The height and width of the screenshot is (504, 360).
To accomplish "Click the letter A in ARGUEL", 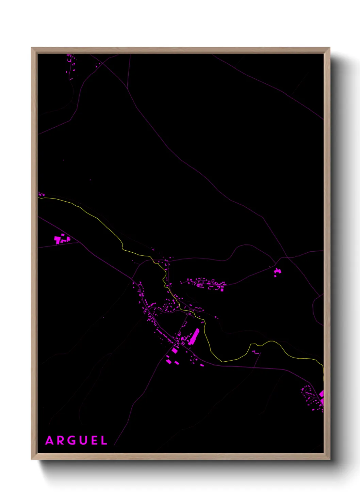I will click(x=50, y=441).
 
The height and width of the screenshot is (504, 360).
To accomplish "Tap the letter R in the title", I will click(x=61, y=441).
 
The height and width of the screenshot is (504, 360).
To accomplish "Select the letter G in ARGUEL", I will click(x=72, y=441).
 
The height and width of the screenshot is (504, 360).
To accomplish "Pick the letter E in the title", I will click(x=94, y=441).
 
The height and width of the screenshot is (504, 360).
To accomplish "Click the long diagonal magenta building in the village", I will click(x=194, y=337).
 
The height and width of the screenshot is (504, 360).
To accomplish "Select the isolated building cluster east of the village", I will click(x=277, y=272).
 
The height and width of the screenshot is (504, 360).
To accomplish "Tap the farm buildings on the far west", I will click(x=62, y=239).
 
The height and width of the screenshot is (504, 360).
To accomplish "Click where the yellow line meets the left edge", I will click(x=38, y=198).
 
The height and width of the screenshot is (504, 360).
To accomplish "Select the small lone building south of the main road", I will click(x=202, y=365).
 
